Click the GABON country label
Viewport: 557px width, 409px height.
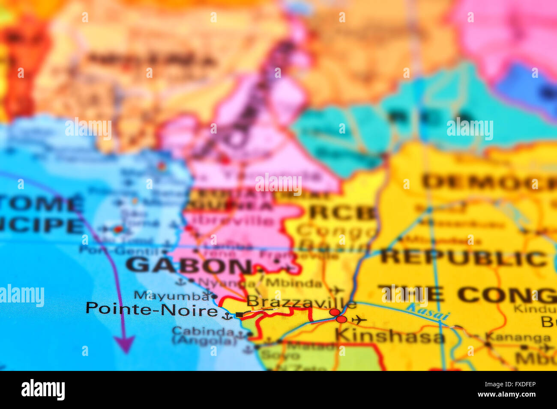189,266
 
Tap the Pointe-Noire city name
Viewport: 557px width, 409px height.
152,309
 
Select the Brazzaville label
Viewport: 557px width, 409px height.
301,302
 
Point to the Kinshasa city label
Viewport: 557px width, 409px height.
390,336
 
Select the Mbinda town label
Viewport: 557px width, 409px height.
293,283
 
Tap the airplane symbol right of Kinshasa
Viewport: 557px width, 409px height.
359,320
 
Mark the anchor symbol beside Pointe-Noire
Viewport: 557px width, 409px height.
227,317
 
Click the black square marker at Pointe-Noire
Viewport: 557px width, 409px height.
240,315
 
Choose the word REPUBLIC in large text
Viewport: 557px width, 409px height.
463,258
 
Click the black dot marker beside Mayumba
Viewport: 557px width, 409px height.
214,296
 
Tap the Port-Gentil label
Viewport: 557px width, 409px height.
116,250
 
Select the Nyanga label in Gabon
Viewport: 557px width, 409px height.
221,283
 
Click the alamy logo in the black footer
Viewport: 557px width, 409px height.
43,390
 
